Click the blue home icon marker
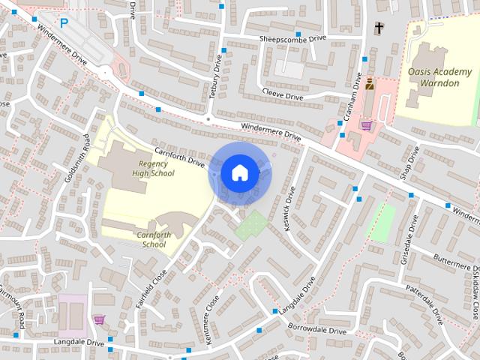click(x=239, y=173)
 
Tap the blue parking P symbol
click(x=64, y=23)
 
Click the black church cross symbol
click(x=379, y=28)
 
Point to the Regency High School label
click(x=153, y=168)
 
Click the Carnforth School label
click(x=154, y=239)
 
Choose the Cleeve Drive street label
click(x=283, y=96)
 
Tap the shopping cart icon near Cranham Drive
click(x=366, y=125)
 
